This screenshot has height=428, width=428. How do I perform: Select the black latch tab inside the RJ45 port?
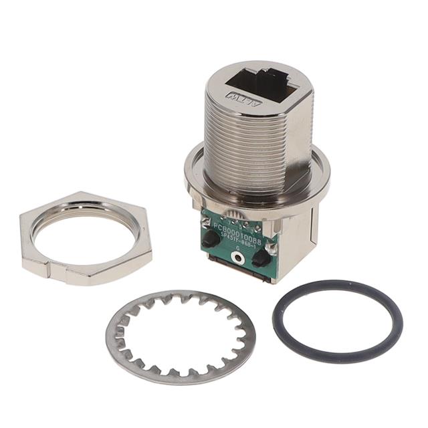(270, 80)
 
